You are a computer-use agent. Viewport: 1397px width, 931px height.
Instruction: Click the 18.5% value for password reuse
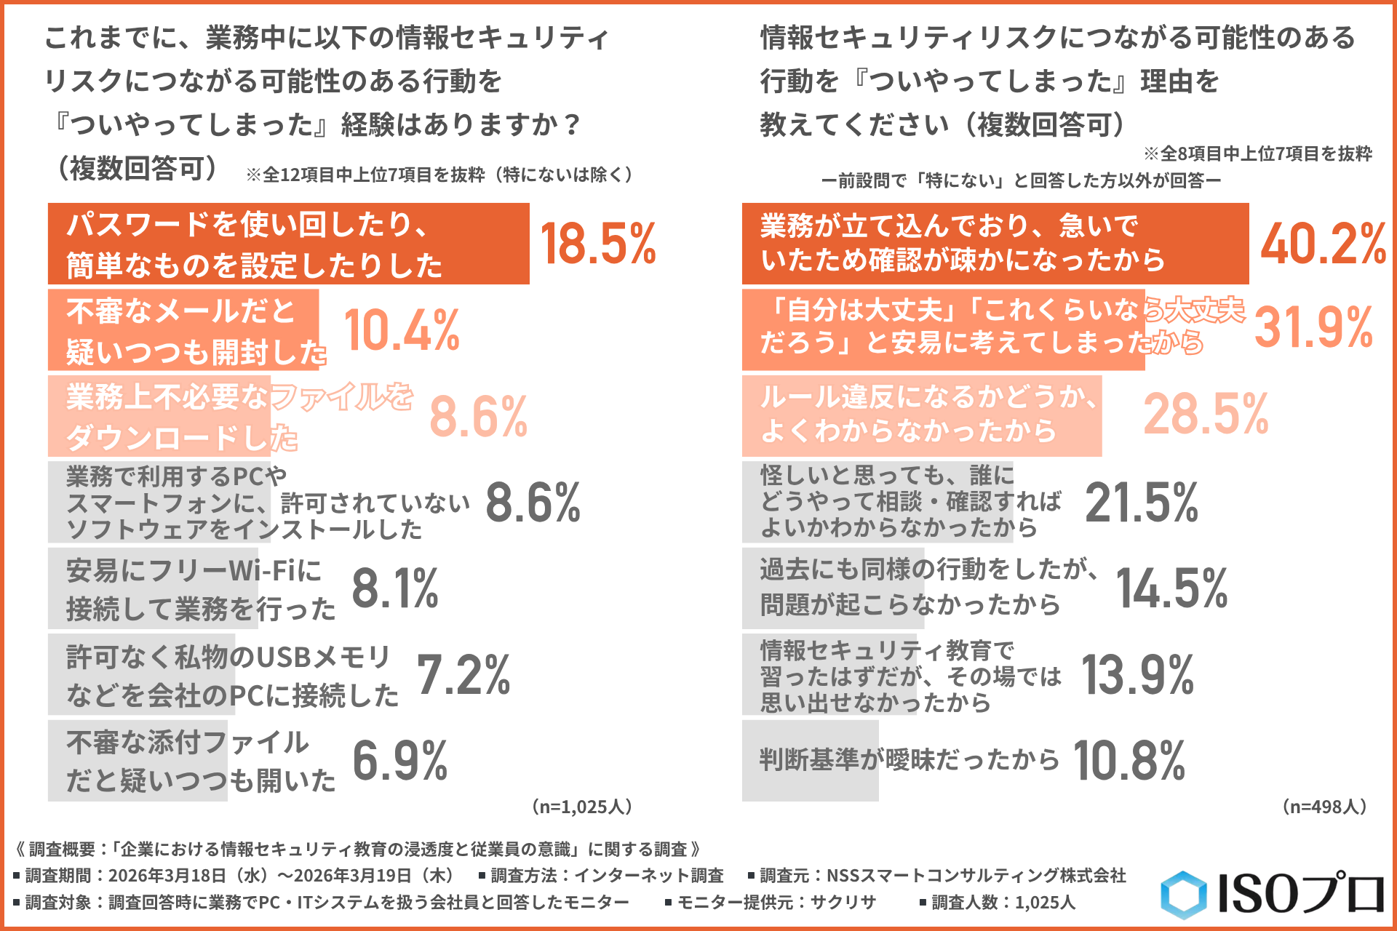[x=597, y=244]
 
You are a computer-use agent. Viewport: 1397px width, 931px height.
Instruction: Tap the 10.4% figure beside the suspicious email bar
[x=402, y=330]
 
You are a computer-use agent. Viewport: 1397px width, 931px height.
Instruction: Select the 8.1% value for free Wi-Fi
[x=395, y=588]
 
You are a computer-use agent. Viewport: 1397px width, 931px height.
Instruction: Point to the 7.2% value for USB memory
[x=463, y=675]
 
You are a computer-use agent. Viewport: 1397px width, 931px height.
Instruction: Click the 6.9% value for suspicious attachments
[x=400, y=761]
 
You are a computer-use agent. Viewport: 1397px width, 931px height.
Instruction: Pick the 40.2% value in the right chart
[x=1323, y=244]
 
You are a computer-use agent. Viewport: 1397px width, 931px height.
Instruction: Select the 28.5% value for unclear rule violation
[x=1206, y=415]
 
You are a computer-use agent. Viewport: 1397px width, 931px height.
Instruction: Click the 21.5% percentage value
[x=1141, y=503]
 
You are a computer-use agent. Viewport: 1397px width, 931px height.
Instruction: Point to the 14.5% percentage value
[x=1171, y=588]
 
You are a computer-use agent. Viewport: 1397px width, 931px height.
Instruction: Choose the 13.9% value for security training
[x=1137, y=675]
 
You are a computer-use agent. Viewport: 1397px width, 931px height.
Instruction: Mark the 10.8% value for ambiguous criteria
[x=1129, y=761]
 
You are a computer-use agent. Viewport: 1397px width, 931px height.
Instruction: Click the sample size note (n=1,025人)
[x=582, y=807]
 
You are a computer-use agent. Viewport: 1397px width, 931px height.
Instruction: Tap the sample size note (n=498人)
[x=1324, y=807]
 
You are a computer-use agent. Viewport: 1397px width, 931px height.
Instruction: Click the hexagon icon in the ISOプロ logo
[x=1184, y=894]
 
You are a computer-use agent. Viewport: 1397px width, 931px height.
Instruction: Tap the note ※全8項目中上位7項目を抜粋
[x=1257, y=153]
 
